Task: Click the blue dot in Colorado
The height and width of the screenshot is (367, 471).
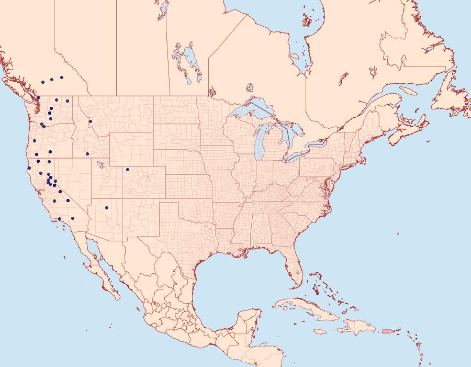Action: pyautogui.click(x=127, y=169)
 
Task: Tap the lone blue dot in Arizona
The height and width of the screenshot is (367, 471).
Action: pyautogui.click(x=106, y=207)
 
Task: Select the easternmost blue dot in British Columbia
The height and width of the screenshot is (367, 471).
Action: pyautogui.click(x=62, y=77)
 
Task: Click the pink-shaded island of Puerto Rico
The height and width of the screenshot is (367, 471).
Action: pyautogui.click(x=387, y=331)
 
